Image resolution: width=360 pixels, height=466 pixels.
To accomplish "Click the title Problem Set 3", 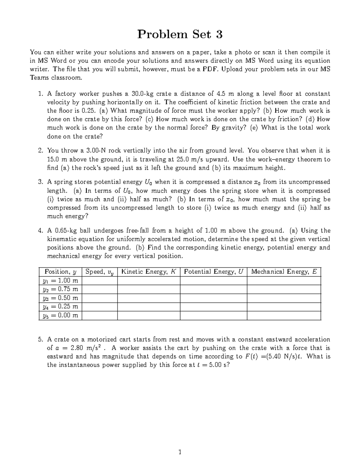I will [x=180, y=35].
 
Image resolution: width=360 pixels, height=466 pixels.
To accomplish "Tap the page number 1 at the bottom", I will [x=180, y=452].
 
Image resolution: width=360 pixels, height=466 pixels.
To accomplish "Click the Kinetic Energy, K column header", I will [x=148, y=272].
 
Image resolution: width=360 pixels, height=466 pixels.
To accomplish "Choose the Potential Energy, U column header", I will [x=213, y=272].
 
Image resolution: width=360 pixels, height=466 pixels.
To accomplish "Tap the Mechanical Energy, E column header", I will [x=284, y=272].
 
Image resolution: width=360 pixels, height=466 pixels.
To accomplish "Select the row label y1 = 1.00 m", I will [x=60, y=281].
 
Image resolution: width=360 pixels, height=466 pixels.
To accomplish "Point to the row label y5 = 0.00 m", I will [x=60, y=316].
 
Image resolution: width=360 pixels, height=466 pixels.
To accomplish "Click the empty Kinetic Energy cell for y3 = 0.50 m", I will [x=148, y=298].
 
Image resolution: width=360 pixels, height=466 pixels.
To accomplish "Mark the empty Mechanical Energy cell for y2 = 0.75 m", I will [x=284, y=289].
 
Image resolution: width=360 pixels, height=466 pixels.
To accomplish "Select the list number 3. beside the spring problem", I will [x=40, y=182].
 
